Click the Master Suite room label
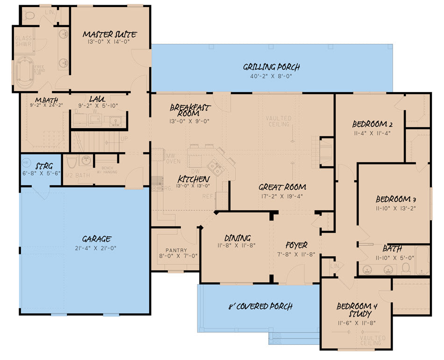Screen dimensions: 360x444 coord(109,35)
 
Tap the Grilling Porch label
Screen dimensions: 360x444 coord(271,67)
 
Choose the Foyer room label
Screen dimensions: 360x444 coord(296,245)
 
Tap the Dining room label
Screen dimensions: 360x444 coord(237,238)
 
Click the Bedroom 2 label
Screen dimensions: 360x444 coord(372,124)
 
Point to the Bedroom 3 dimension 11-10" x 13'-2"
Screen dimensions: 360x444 coord(395,208)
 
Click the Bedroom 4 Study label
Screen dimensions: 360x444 coord(356,310)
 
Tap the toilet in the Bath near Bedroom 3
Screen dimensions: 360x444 coord(406,268)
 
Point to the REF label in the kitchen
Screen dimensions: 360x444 coord(208,197)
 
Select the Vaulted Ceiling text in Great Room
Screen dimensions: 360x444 coord(279,121)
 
